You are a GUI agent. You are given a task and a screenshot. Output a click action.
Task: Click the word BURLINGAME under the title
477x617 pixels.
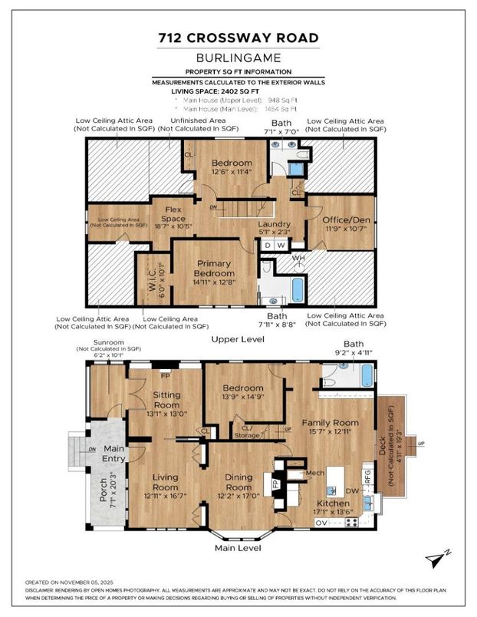pos(238,58)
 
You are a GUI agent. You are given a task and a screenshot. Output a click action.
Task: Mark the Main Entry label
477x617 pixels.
pos(113,453)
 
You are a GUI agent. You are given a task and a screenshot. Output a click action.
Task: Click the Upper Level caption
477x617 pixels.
pos(238,338)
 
